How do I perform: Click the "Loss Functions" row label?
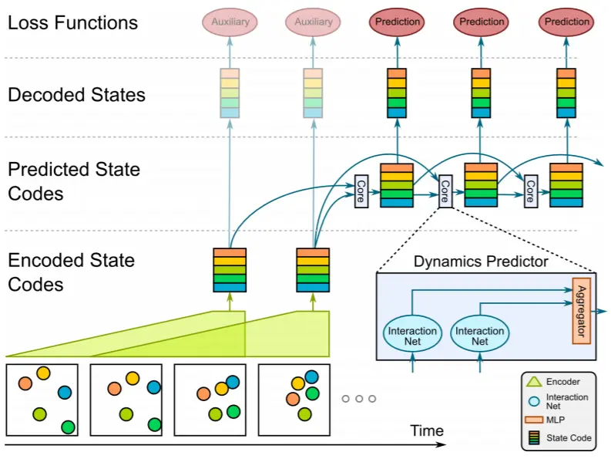click(x=72, y=22)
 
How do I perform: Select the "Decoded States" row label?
click(x=76, y=96)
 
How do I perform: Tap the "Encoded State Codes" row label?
click(x=71, y=272)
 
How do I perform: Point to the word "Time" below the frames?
click(x=427, y=430)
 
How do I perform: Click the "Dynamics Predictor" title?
click(x=481, y=261)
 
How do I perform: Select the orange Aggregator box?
click(x=582, y=310)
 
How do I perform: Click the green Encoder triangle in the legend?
click(x=531, y=381)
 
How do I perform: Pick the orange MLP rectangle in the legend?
click(x=531, y=421)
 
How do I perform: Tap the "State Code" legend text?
click(x=569, y=438)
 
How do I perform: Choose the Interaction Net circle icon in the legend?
click(x=531, y=400)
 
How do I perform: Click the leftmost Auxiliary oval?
click(x=230, y=22)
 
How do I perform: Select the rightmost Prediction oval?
click(x=567, y=22)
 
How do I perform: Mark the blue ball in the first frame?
click(x=64, y=391)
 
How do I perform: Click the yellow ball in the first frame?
click(x=43, y=373)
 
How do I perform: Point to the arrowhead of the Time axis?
click(x=442, y=444)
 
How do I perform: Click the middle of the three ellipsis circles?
click(x=358, y=399)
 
